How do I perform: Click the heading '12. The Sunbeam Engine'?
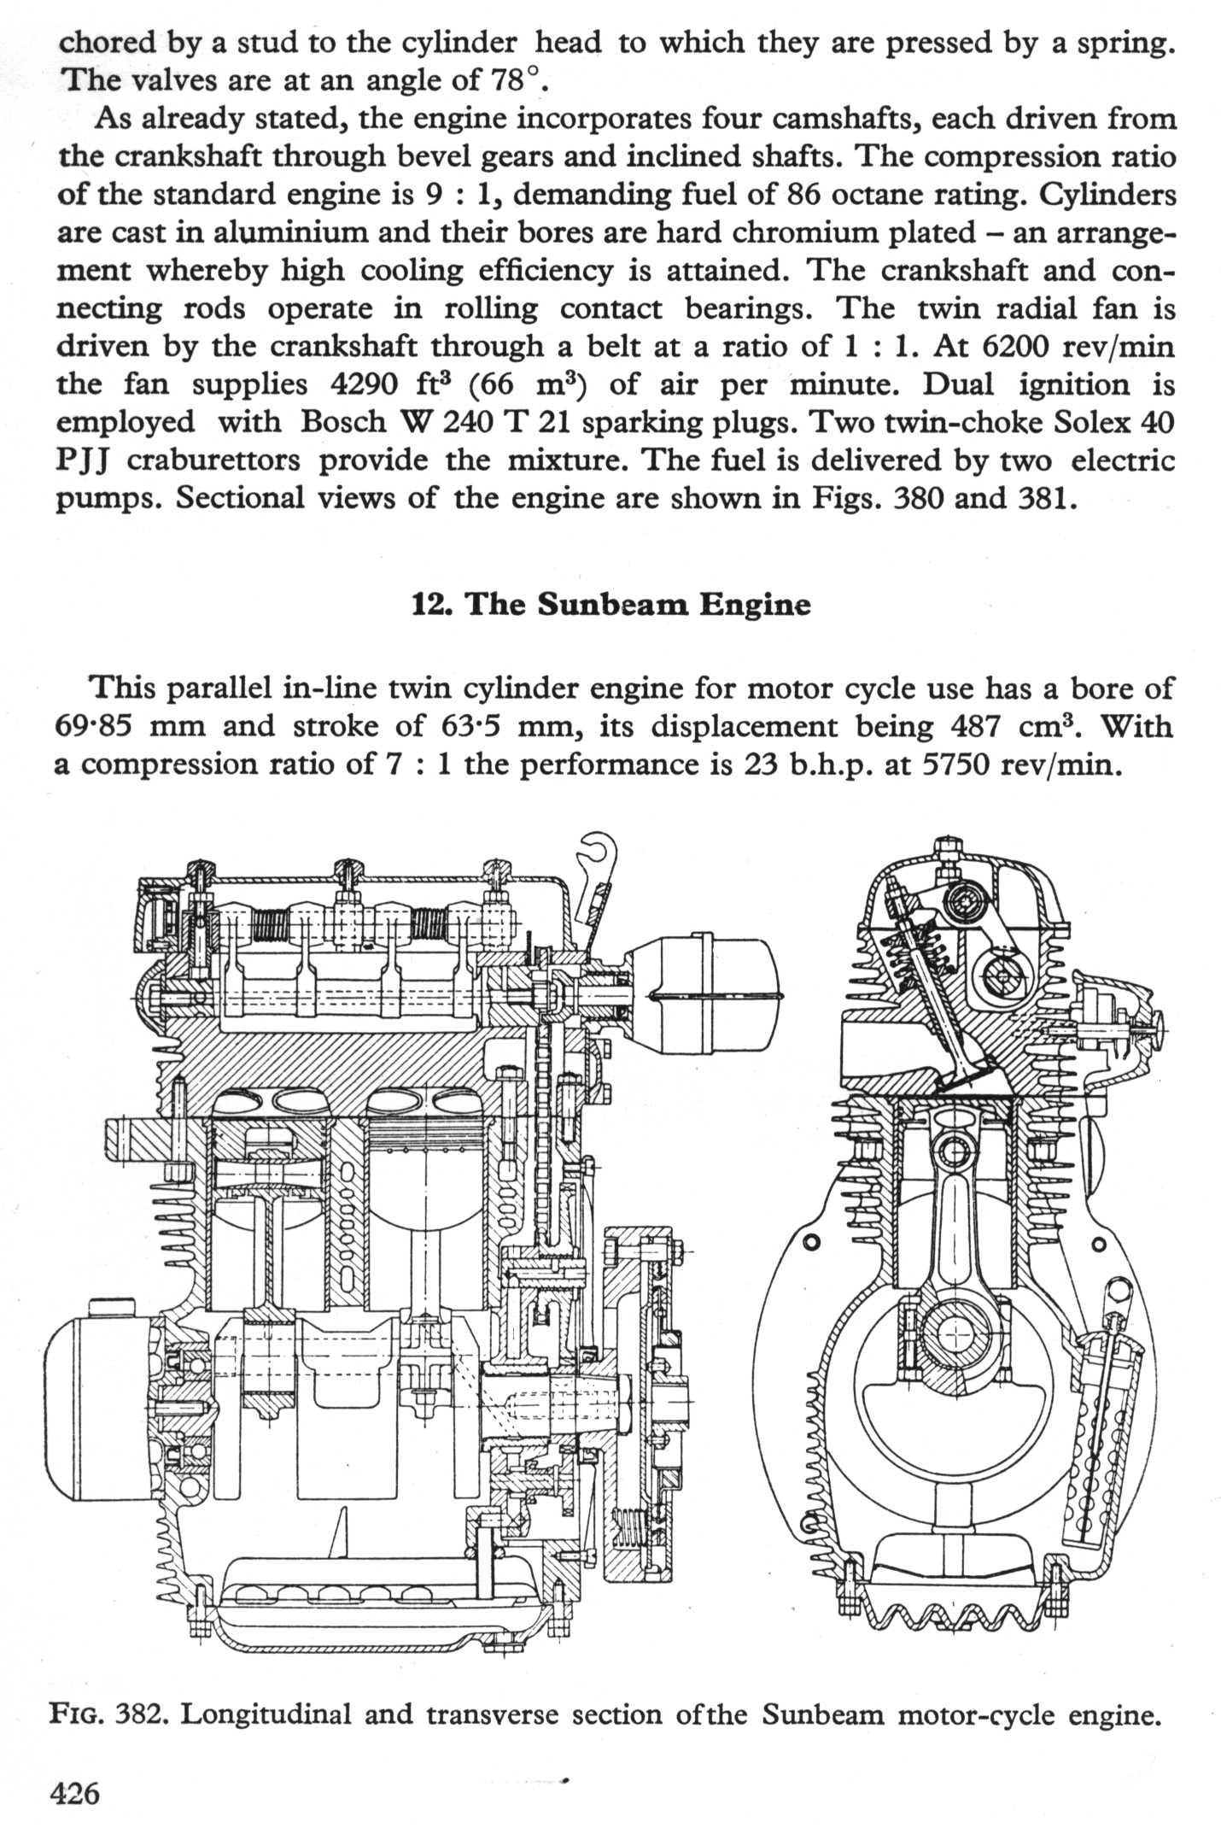[610, 604]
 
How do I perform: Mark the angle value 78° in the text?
[516, 80]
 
